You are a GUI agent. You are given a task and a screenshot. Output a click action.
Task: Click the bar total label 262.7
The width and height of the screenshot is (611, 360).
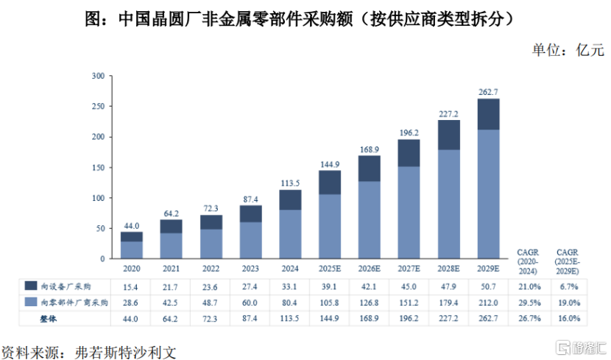pos(488,92)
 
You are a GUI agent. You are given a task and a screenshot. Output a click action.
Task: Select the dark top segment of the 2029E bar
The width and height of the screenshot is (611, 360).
pos(488,114)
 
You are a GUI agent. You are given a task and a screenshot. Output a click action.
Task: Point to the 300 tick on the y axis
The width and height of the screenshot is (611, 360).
pos(97,76)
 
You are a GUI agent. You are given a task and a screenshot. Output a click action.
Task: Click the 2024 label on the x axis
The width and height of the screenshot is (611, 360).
pos(290,268)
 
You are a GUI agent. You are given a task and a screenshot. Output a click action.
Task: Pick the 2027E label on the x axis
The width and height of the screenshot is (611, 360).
pos(409,268)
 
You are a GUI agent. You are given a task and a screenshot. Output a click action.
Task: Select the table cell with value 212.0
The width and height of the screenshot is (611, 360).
pos(488,302)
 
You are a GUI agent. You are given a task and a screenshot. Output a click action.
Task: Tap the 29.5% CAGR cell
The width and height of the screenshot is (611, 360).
pos(529,302)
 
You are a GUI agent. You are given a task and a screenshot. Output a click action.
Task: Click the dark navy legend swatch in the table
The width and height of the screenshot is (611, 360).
pos(32,286)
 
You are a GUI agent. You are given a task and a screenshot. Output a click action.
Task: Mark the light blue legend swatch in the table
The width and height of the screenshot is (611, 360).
pos(32,302)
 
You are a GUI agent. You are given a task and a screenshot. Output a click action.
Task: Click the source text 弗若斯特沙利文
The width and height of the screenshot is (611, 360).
pos(126,349)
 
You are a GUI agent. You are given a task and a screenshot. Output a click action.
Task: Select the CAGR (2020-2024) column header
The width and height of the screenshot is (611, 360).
pos(529,261)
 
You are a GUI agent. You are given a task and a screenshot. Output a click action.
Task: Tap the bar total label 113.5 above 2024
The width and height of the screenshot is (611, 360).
pos(290,183)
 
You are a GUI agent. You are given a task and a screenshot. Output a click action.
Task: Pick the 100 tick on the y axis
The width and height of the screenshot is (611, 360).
pos(97,198)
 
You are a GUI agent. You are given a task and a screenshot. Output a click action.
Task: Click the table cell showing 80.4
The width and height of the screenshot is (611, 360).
pos(290,302)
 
